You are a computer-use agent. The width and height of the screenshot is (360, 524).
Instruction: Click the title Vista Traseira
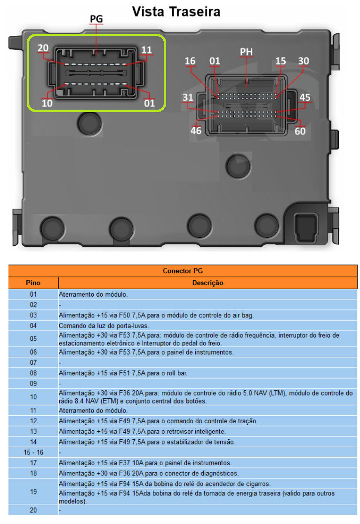pos(176,12)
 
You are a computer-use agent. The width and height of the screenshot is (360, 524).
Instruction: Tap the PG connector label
pos(96,19)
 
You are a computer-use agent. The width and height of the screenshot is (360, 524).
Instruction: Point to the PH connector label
pos(246,52)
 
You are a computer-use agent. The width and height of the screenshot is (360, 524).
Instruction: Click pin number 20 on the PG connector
pos(43,48)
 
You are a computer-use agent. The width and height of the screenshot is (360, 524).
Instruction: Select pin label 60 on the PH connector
pos(300,131)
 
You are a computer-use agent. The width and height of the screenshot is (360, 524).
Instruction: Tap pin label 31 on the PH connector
pos(188,97)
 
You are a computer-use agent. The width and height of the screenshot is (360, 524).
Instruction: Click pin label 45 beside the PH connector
pos(305,97)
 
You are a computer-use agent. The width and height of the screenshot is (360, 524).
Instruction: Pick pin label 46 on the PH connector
pos(196,131)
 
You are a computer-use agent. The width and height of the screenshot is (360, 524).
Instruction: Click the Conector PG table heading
pos(183,271)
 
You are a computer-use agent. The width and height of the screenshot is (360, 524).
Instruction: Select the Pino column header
pos(33,283)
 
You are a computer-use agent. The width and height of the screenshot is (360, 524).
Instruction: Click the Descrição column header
pos(208,283)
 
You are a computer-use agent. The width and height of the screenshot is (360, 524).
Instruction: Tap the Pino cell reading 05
pos(33,339)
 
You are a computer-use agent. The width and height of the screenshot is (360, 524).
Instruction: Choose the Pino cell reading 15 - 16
pos(33,452)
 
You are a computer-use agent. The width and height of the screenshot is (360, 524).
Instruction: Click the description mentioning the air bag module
pos(156,315)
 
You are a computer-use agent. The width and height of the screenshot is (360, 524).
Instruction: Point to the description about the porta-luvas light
pos(104,326)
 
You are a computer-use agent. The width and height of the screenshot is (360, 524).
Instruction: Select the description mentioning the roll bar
pos(123,373)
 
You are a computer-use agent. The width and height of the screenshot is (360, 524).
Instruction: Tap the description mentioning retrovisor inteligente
pos(142,432)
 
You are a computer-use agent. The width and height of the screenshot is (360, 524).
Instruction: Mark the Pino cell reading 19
pos(33,492)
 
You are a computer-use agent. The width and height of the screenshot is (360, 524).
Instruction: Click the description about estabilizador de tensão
pos(147,442)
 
